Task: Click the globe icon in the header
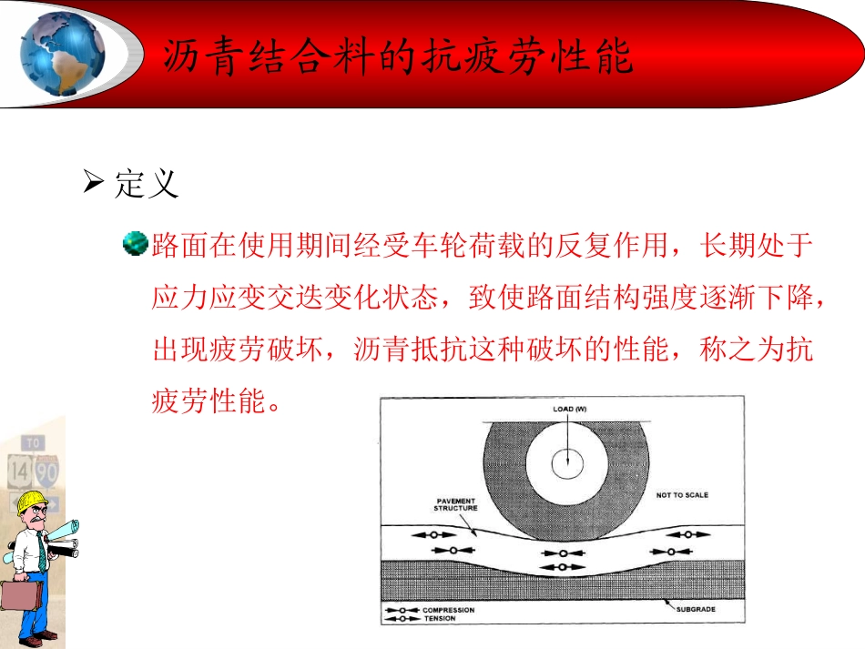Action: click(x=62, y=52)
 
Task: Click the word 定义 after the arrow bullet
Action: click(x=147, y=185)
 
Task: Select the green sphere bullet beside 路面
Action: click(x=136, y=244)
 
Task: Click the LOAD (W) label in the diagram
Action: click(x=570, y=410)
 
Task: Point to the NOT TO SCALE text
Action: click(x=682, y=495)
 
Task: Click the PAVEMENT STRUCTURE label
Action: click(x=456, y=505)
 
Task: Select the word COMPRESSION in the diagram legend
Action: click(x=448, y=610)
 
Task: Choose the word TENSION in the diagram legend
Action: click(x=439, y=619)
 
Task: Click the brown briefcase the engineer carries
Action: click(x=21, y=595)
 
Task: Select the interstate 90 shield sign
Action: click(x=47, y=472)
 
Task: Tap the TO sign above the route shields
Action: click(x=34, y=443)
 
